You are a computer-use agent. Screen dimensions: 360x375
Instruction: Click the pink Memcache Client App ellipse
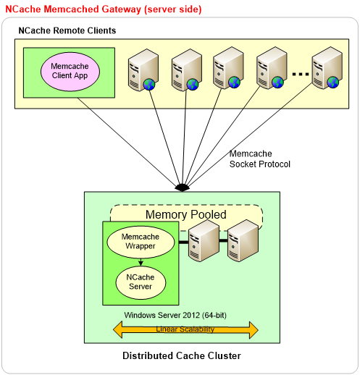point(70,72)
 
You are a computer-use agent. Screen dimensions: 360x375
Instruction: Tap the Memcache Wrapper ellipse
point(141,242)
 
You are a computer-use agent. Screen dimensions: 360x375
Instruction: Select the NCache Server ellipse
point(141,282)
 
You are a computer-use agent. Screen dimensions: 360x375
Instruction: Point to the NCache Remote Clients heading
point(67,30)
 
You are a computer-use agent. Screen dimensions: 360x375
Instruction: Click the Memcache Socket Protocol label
point(260,159)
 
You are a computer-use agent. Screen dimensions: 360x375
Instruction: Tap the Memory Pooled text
point(186,214)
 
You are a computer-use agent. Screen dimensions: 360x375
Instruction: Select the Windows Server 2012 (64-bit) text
point(175,315)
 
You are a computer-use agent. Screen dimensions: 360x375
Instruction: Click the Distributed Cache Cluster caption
point(182,355)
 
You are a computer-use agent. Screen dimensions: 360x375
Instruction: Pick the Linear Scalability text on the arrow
point(185,329)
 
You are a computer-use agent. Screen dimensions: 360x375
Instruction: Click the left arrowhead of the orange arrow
point(118,329)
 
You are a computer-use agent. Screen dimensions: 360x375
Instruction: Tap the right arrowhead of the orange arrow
point(254,329)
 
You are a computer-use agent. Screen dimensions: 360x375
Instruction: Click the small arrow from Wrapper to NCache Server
point(141,262)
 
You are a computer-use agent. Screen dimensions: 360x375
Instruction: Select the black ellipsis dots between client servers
point(301,74)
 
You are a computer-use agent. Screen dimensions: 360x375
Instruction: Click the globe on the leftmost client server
point(149,85)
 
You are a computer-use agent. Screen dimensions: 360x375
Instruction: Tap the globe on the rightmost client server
point(333,83)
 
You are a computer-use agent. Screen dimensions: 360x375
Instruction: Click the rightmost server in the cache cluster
point(243,240)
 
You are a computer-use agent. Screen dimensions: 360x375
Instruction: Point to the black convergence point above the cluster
point(183,187)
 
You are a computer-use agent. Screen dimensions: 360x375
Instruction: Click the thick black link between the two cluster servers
point(223,240)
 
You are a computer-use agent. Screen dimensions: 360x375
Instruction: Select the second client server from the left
point(187,70)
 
